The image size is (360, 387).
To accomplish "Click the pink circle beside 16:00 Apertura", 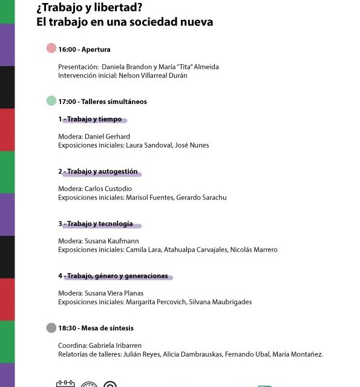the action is (x=51, y=48).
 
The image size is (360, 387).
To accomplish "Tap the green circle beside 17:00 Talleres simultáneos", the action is (x=51, y=101).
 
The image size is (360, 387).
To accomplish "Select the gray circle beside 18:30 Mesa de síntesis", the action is (x=51, y=328).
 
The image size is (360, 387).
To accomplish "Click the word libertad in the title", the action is (x=121, y=8).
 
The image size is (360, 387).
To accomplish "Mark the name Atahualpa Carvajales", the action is (x=191, y=250).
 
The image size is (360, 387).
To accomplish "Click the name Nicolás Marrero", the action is (x=254, y=250).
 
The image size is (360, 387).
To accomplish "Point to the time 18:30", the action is (x=67, y=328).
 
